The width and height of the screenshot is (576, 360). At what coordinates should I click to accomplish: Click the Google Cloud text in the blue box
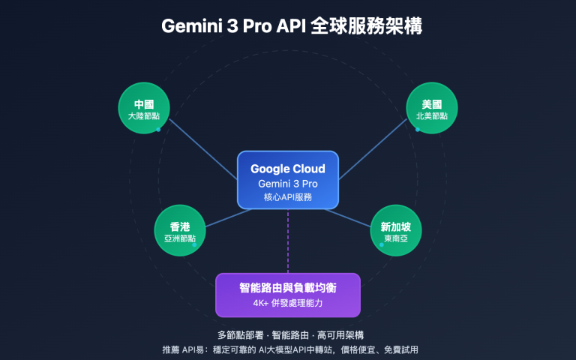pos(288,169)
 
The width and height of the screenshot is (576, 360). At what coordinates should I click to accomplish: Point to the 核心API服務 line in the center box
pos(288,197)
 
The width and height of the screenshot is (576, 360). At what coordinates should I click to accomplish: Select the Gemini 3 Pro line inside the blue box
pos(288,184)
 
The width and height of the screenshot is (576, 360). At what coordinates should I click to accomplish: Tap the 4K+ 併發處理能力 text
pos(288,304)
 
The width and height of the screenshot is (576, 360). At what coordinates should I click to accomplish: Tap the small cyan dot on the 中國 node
pos(158,129)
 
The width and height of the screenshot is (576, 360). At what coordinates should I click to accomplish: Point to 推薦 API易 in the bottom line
pos(184,349)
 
